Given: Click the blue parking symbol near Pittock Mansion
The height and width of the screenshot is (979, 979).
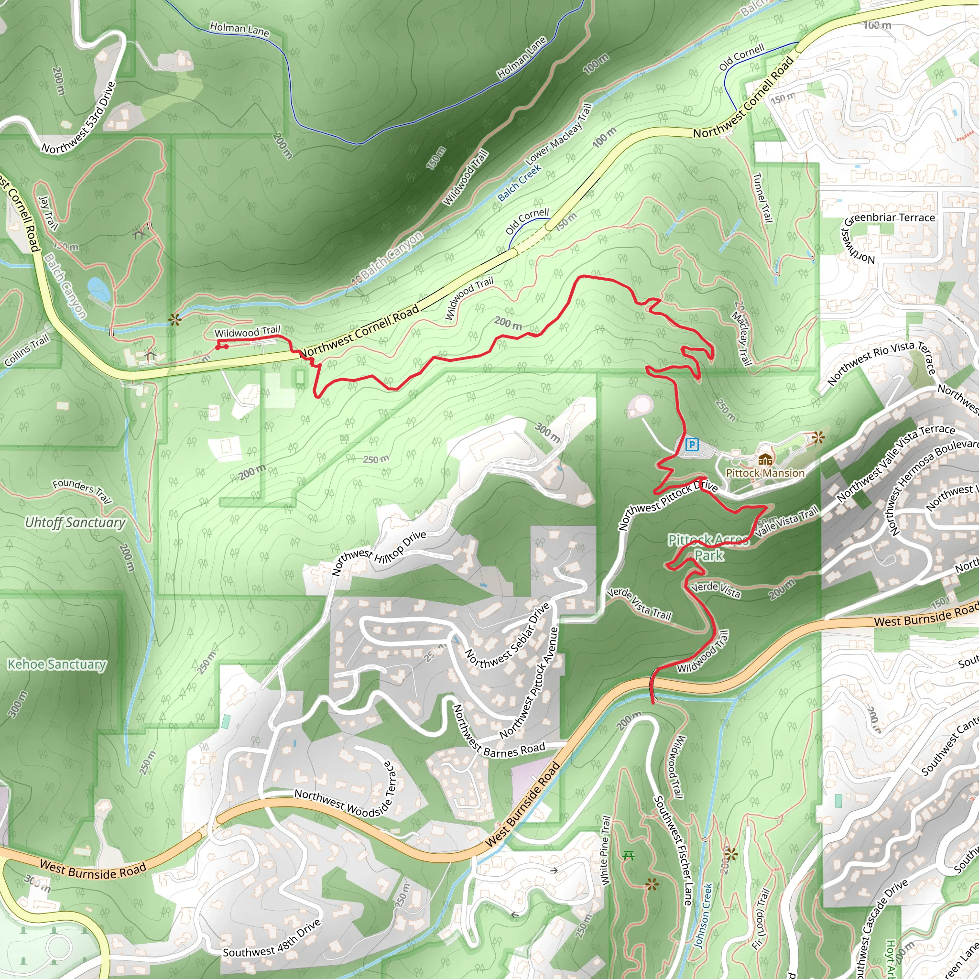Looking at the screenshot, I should [x=692, y=445].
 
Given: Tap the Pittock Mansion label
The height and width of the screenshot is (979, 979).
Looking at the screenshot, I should [x=765, y=473].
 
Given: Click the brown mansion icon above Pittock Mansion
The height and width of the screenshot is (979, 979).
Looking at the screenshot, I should [x=765, y=459].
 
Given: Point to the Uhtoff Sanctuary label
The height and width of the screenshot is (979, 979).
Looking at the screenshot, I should [x=75, y=522].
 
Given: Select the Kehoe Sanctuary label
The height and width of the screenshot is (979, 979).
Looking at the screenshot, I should [x=57, y=664].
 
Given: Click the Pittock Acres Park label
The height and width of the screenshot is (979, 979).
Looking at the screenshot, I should [x=708, y=548].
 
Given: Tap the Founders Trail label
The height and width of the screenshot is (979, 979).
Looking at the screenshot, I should [x=82, y=490].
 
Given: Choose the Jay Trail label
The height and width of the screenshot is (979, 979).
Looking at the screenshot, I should [x=48, y=213].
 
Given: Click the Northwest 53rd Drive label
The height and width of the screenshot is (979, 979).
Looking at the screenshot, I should [x=79, y=118].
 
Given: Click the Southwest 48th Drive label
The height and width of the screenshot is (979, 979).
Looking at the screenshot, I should [x=272, y=938].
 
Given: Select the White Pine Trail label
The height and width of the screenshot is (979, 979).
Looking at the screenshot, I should [x=606, y=851].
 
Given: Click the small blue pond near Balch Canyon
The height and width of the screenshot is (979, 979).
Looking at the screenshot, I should [x=98, y=289].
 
